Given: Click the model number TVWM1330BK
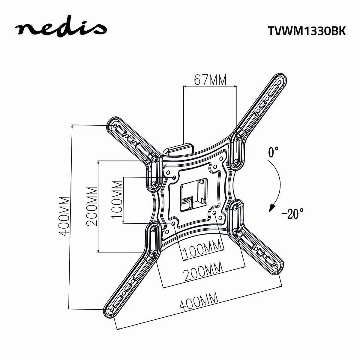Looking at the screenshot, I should tap(306, 31).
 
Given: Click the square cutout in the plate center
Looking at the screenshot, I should tap(193, 196).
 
